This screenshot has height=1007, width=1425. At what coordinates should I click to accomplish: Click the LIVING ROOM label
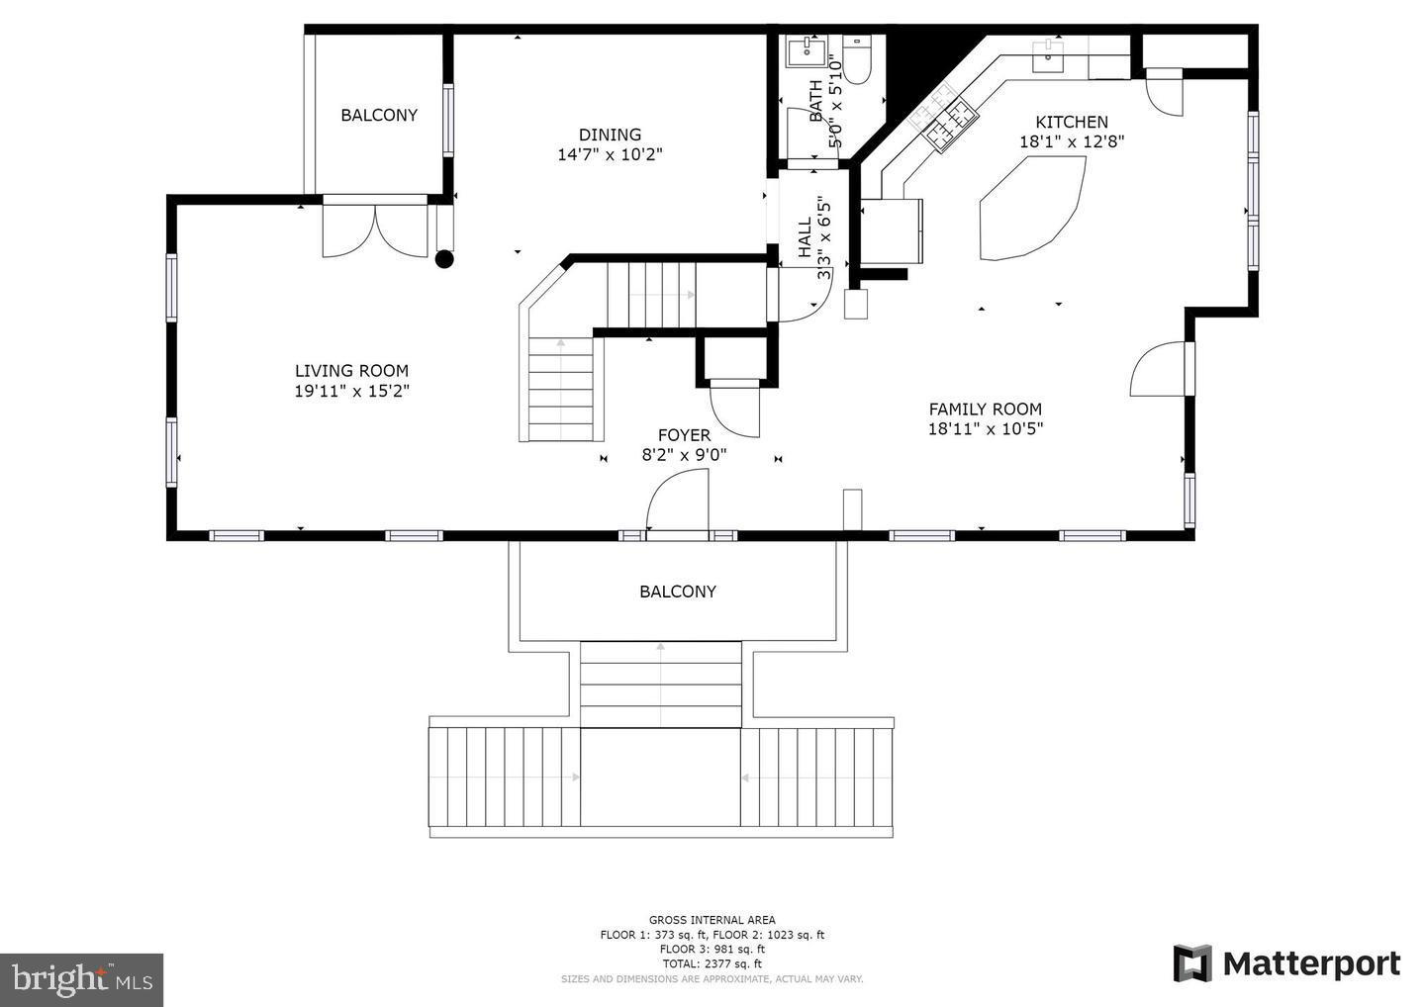point(351,371)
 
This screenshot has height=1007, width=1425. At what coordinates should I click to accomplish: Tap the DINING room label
point(610,135)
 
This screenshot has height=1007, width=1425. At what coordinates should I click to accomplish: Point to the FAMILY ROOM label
point(985,409)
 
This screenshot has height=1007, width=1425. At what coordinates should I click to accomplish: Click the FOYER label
point(684,435)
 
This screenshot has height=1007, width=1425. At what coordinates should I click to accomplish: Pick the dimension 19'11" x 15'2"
point(351,391)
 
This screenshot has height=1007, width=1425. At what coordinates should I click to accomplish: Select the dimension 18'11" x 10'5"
point(985,428)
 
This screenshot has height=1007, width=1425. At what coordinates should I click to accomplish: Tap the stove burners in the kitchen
point(944,120)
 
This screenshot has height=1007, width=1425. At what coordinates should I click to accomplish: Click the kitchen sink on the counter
point(1048,56)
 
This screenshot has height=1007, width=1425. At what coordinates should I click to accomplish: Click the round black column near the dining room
point(444,259)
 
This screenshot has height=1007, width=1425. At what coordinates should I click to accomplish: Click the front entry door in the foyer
point(678,504)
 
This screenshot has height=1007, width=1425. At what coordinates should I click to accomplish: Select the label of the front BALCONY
point(677,592)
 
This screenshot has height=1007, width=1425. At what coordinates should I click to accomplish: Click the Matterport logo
point(1286,963)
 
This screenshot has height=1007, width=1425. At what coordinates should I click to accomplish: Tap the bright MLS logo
point(81,979)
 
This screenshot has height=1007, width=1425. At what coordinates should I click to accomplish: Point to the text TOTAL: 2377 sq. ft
point(712,963)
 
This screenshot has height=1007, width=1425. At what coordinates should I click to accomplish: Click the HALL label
point(805,237)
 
